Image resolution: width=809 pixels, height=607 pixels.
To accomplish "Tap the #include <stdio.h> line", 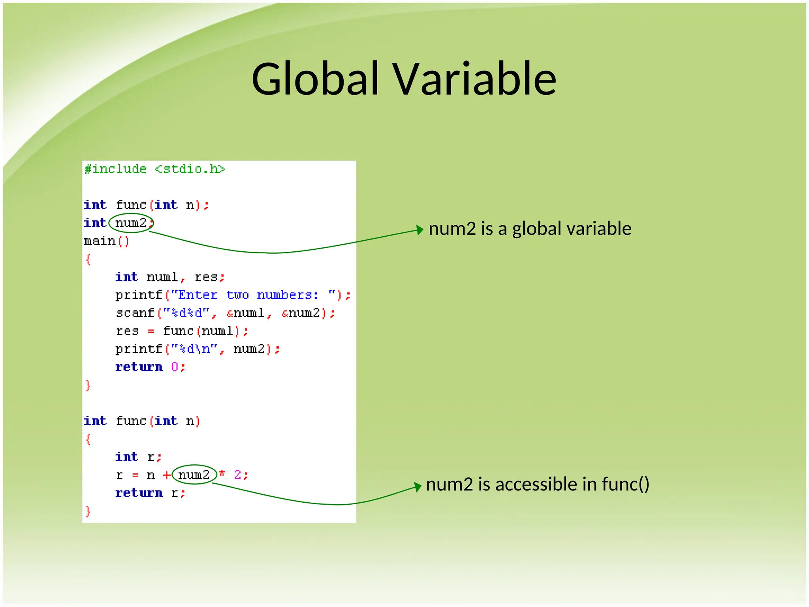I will click(x=154, y=169).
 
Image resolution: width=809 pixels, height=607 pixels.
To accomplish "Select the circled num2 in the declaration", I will click(x=131, y=223).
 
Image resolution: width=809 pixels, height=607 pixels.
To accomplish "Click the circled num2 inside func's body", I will click(x=194, y=475).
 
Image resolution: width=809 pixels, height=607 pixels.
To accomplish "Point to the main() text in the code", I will click(x=106, y=241).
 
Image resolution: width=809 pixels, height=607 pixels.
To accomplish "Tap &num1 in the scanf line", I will click(x=245, y=313).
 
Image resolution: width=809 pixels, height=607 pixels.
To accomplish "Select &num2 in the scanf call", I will click(x=301, y=313).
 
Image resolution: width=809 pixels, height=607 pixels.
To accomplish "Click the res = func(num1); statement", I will click(x=182, y=331).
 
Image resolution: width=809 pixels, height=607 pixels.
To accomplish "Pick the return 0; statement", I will click(x=150, y=367).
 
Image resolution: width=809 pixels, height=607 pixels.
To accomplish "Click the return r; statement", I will click(x=150, y=493).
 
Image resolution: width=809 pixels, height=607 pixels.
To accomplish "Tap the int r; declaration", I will click(x=138, y=457).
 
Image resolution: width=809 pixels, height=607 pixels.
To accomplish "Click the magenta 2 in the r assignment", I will click(x=237, y=475).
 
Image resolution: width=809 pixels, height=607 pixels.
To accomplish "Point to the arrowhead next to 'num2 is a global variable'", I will click(x=420, y=230).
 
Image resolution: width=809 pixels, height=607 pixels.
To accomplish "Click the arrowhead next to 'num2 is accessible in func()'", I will click(x=418, y=486).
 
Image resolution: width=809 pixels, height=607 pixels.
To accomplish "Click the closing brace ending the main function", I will click(x=88, y=385).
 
